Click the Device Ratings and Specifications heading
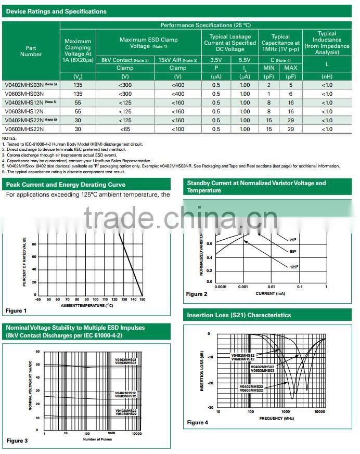coord(56,11)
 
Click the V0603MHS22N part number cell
coord(23,129)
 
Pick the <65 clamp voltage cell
coord(125,129)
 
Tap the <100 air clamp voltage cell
coord(177,129)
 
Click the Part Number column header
coord(31,50)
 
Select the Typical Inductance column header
coord(327,43)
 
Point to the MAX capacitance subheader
coord(291,68)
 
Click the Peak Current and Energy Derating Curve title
coord(66,185)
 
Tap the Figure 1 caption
coord(16,310)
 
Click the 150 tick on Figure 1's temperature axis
coord(142,300)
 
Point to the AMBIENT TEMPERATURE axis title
coord(86,305)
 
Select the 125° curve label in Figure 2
coord(294,267)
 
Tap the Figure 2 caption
coord(197,294)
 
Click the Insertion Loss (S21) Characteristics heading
coord(239,315)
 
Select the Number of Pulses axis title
coord(97,439)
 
